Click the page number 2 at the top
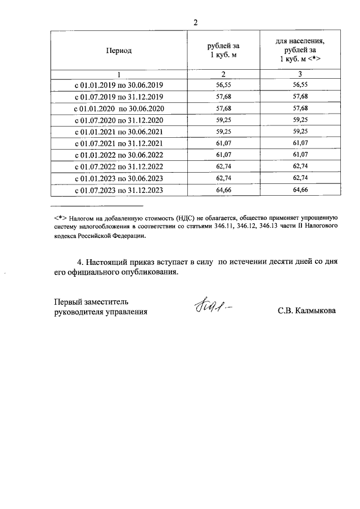[195, 22]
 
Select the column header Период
[119, 51]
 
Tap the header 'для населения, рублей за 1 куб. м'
[300, 50]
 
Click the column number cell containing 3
[300, 74]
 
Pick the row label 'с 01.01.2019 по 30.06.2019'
[119, 85]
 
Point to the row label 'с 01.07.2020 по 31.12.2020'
[119, 120]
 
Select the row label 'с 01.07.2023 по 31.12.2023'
[119, 191]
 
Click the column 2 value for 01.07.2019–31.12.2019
[223, 97]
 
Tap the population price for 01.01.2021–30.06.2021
[300, 132]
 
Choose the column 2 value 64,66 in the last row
[223, 191]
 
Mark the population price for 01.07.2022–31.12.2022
[300, 167]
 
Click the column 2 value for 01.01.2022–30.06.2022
[223, 155]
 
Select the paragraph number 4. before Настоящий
[80, 262]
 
